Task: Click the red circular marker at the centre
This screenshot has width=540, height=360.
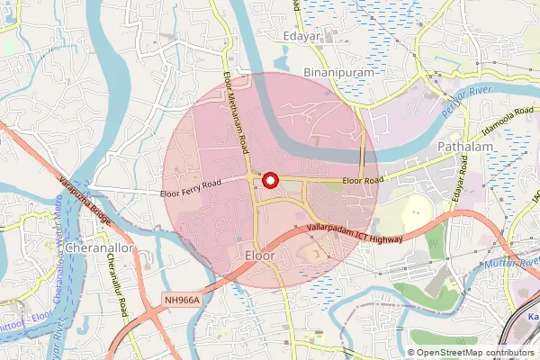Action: (269, 181)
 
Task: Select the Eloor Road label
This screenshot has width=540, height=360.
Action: (362, 180)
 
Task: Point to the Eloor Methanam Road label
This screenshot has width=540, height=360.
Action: (236, 114)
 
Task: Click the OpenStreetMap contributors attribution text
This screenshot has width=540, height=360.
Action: (475, 353)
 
